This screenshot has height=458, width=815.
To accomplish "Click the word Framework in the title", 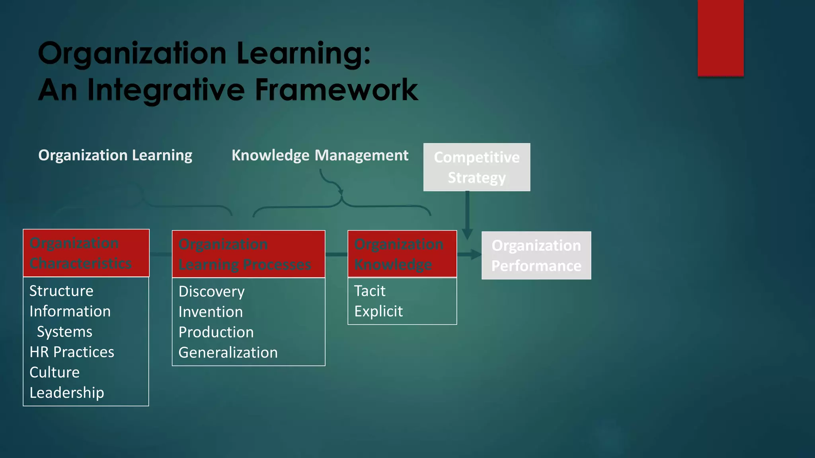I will [x=336, y=90].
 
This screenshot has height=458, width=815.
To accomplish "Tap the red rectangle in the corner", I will [x=720, y=38].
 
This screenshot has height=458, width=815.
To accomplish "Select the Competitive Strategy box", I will [x=476, y=167].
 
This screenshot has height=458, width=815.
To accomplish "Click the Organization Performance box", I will [x=536, y=256].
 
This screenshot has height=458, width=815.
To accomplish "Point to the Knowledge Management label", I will [x=320, y=155].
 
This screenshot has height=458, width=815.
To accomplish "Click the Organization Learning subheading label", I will [x=115, y=155].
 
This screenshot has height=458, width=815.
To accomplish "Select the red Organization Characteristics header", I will [x=86, y=253].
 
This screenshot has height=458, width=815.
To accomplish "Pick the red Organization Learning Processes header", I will [x=248, y=254].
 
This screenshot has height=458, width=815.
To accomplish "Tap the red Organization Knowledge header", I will [x=402, y=254].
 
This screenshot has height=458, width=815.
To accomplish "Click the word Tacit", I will [x=370, y=291].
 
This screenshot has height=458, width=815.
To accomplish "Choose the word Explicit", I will [x=378, y=311].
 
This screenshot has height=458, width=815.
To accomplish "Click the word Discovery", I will [x=211, y=292].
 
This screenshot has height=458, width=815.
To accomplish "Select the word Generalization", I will [x=228, y=353].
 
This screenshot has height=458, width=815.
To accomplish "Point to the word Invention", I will [x=211, y=312].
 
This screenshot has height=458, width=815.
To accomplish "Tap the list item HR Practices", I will [x=72, y=352].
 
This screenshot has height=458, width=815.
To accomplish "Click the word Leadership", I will [x=67, y=393].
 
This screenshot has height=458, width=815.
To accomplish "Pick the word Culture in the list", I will [x=55, y=373].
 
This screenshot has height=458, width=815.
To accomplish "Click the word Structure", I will [x=61, y=291].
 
